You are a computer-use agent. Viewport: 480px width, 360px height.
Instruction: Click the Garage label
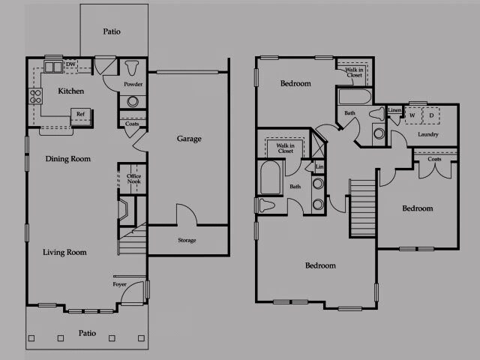[x=189, y=139]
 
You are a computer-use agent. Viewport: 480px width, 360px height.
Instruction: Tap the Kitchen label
[x=71, y=91]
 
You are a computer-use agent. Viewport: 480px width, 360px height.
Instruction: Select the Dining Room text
[x=67, y=159]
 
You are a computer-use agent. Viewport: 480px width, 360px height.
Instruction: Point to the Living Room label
[x=64, y=253]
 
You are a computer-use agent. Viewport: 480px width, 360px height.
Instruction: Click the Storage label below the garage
[x=187, y=241]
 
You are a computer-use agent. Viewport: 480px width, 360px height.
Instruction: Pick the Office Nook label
[x=133, y=179]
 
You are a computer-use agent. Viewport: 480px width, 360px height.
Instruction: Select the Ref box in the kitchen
[x=80, y=115]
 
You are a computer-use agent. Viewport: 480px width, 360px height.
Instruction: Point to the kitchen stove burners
[x=35, y=95]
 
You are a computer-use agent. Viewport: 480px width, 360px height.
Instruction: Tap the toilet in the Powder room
[x=133, y=68]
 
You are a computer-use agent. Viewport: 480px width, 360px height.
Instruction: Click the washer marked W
[x=412, y=115]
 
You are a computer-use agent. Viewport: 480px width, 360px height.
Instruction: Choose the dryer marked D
[x=432, y=115]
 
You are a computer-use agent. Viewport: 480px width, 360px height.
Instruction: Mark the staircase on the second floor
[x=363, y=208]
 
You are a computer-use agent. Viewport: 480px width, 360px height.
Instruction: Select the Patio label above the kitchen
[x=112, y=32]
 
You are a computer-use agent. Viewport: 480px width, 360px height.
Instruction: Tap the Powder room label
[x=133, y=85]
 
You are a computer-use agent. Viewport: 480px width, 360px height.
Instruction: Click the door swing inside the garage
[x=187, y=214]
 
